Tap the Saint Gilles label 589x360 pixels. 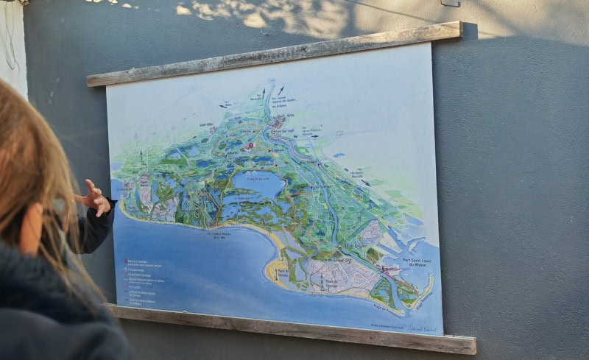(x=208, y=124)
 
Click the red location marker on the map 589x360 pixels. (x=250, y=145)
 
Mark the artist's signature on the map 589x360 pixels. (x=422, y=328)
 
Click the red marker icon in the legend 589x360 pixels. (x=126, y=261)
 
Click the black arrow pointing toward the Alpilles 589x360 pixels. (x=281, y=90)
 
